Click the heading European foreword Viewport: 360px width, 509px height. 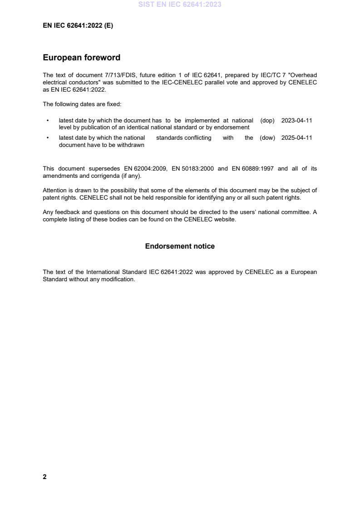tap(81, 58)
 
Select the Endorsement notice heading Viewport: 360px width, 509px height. tap(180, 246)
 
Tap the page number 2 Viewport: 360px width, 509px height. tap(44, 477)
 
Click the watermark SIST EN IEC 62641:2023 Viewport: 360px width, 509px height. tap(180, 5)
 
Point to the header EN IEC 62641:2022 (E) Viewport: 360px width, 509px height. tap(78, 26)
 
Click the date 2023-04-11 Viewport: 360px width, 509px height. tap(296, 121)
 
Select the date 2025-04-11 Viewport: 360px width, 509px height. tap(296, 138)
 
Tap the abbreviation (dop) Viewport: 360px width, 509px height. tap(267, 121)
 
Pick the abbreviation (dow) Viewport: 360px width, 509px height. tap(267, 138)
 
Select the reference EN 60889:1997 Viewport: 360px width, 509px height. tap(252, 169)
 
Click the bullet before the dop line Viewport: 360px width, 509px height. tap(48, 121)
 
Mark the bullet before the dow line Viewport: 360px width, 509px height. tap(48, 138)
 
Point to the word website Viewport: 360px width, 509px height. tap(225, 220)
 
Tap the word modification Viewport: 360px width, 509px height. tap(119, 279)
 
